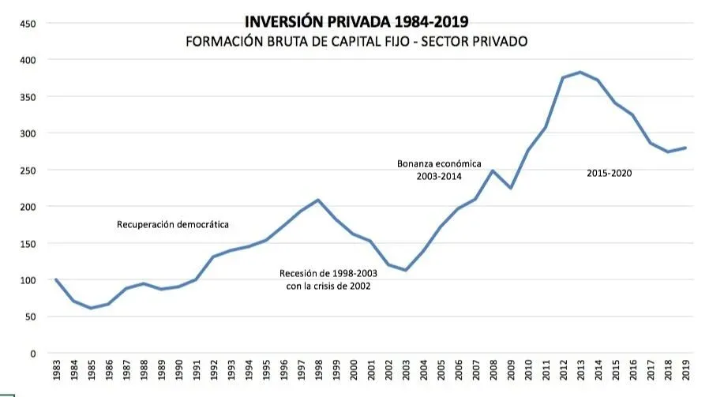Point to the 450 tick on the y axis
coord(28,24)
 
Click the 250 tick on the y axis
coord(28,170)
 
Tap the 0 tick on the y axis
coord(32,354)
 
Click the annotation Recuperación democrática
coord(173,225)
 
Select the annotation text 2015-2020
coord(610,173)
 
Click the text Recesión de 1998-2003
coord(328,273)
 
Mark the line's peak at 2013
coord(580,73)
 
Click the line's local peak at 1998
coord(318,200)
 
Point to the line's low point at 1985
coord(91,308)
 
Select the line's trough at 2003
coord(406,270)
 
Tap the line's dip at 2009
coord(511,188)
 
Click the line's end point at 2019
coord(685,148)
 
